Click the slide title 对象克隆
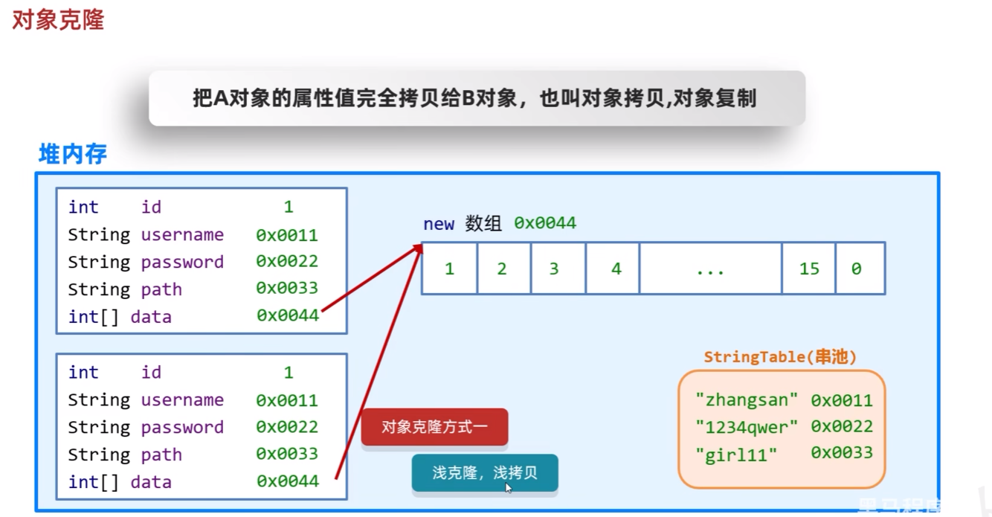point(58,19)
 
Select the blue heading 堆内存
point(73,154)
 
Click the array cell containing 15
point(808,269)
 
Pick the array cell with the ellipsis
point(710,269)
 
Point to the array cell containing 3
point(554,269)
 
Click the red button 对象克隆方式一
point(434,427)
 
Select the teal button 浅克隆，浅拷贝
point(484,473)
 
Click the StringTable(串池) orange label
point(780,357)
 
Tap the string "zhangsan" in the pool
point(746,400)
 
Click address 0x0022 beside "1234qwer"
point(842,427)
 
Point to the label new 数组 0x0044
point(499,223)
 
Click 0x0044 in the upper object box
point(288,316)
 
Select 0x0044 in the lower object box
point(288,481)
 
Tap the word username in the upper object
point(182,235)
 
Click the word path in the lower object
point(161,455)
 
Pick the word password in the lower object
point(182,427)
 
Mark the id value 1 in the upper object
point(289,207)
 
